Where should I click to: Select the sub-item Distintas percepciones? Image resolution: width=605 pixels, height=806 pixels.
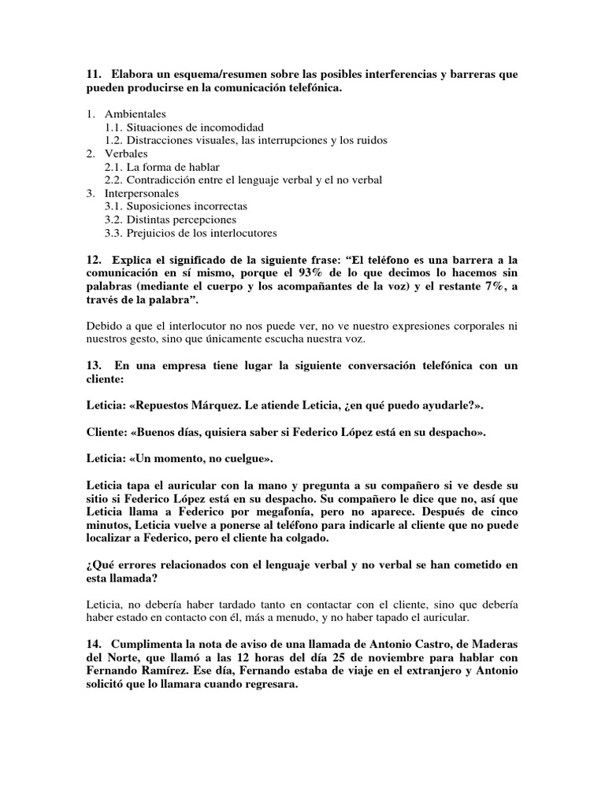181,220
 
